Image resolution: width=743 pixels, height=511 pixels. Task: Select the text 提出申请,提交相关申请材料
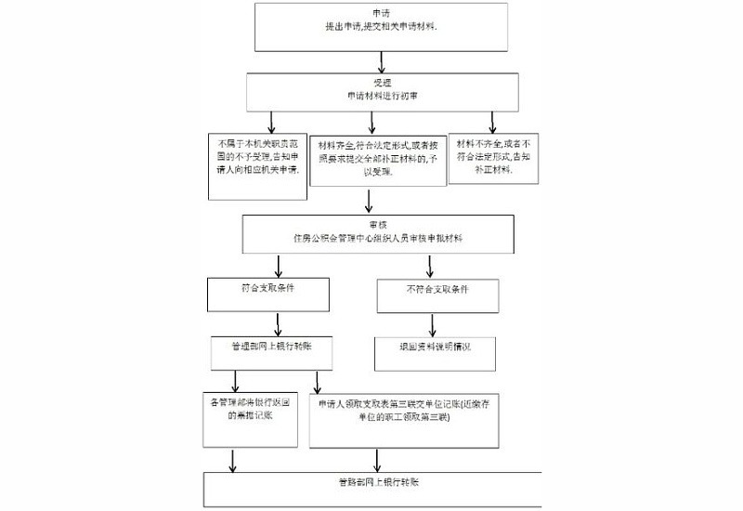point(381,29)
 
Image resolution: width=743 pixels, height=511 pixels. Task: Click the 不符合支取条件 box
point(437,293)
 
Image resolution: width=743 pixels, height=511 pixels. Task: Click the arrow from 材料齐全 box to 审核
point(370,202)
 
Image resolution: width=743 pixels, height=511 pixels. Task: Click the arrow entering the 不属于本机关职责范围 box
point(271,121)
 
